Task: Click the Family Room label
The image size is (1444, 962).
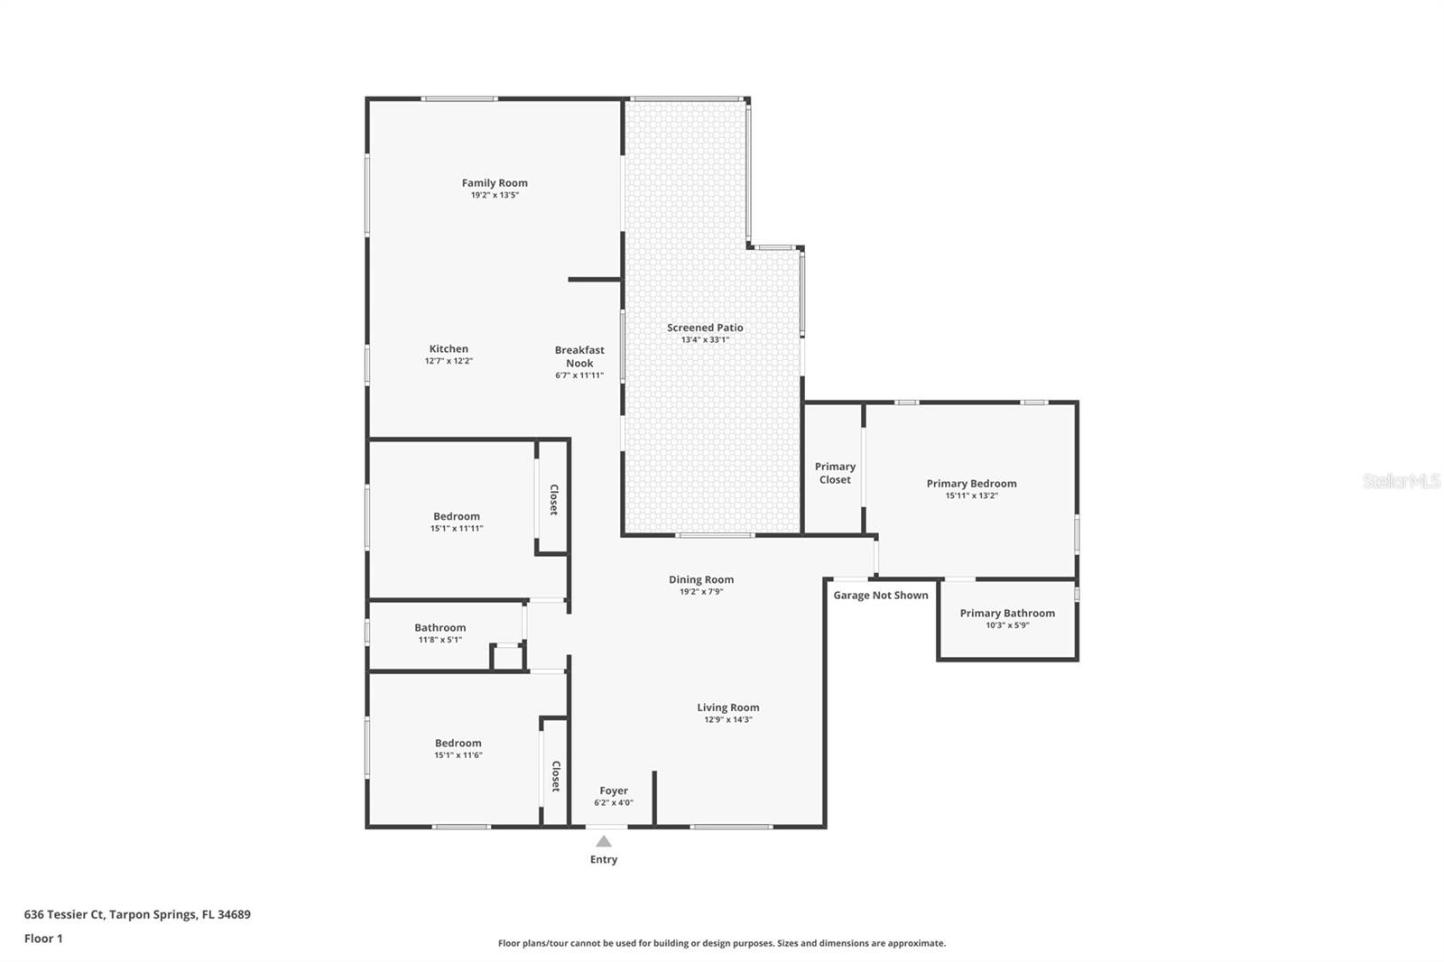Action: tap(495, 183)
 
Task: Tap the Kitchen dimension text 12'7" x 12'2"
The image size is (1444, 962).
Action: tap(449, 361)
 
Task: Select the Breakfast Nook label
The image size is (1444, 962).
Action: tap(579, 356)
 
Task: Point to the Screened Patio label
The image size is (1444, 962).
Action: tap(705, 328)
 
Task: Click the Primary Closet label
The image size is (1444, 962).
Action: tap(835, 473)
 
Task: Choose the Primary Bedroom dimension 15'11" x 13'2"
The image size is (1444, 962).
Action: tap(971, 495)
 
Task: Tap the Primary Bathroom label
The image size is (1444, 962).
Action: tap(1007, 613)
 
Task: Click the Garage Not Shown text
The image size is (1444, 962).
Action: tap(880, 596)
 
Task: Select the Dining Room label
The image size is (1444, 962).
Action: tap(701, 580)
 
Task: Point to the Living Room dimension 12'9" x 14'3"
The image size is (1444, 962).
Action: tap(727, 720)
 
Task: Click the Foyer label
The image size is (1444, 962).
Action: tap(614, 791)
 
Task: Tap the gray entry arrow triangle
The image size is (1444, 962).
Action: tap(604, 841)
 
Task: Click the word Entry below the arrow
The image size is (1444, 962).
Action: tap(604, 860)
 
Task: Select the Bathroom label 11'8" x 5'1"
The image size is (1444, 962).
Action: tap(440, 628)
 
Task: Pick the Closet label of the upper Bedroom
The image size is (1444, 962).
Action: tap(553, 500)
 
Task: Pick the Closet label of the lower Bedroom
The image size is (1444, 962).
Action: tap(555, 776)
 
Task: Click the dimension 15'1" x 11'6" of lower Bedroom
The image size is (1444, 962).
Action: tap(458, 755)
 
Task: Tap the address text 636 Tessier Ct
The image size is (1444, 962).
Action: tap(63, 914)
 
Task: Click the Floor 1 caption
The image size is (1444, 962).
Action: tap(43, 939)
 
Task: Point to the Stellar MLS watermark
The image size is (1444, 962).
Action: tap(1401, 482)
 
